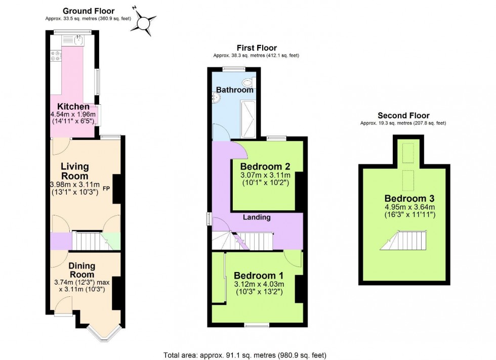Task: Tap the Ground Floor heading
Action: pos(88,11)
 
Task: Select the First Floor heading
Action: pos(257,48)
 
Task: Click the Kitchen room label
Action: pos(73,107)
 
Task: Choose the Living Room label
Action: pos(75,171)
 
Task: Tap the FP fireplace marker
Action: pos(106,189)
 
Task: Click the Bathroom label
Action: pos(235,90)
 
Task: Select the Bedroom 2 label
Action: pos(265,167)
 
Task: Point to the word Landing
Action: pos(257,217)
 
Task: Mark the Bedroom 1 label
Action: pos(258,276)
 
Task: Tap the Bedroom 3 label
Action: pos(409,198)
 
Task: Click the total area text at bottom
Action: pos(248,355)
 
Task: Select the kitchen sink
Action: pos(78,39)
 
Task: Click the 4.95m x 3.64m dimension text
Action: pos(409,207)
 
